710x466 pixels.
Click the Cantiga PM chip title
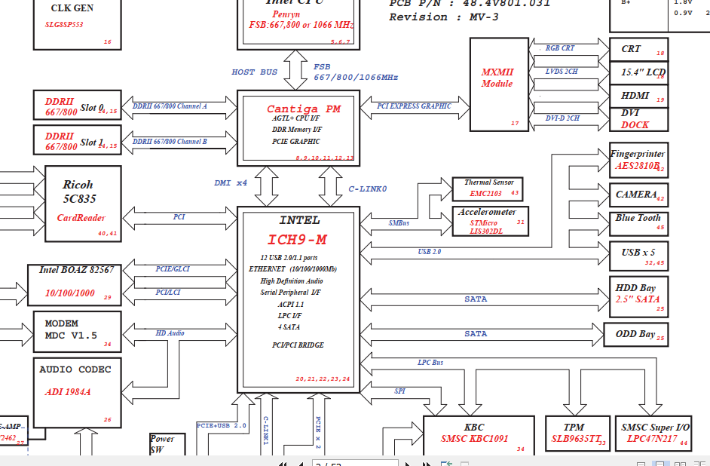tap(303, 109)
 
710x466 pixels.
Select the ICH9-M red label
tap(297, 240)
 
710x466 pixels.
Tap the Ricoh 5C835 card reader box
tap(82, 201)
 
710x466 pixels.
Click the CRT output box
tap(638, 50)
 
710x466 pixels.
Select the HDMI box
tap(638, 96)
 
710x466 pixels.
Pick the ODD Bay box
tap(638, 335)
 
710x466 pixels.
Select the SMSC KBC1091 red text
tap(474, 438)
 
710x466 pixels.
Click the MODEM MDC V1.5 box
tap(75, 330)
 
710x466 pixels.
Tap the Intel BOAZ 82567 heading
tap(77, 270)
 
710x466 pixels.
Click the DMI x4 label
tap(231, 182)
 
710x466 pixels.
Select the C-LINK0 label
tap(367, 189)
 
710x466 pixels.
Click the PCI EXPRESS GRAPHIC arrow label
tap(414, 106)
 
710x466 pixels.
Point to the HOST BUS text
tap(254, 72)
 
